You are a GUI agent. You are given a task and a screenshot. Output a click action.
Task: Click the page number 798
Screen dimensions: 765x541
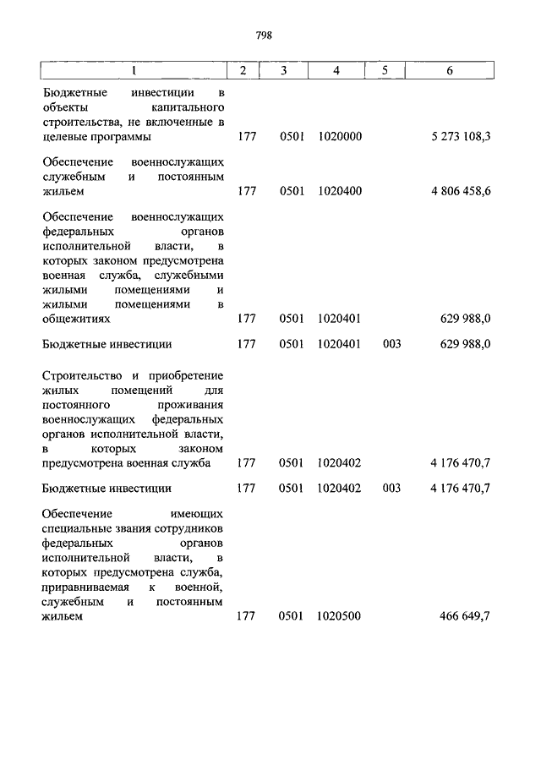[264, 36]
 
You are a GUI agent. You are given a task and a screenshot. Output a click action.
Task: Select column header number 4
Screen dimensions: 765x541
[336, 71]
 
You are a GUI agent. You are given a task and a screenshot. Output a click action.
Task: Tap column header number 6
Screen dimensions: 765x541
[450, 71]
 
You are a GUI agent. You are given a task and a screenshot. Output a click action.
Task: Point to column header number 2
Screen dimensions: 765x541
[243, 71]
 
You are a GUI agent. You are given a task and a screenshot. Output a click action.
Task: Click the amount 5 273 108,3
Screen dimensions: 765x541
[461, 136]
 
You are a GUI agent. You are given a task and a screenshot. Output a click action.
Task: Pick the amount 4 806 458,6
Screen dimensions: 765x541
[461, 191]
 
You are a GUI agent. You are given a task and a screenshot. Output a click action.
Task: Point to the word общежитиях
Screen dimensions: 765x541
[76, 319]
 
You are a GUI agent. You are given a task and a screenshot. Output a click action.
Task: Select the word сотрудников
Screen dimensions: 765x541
[190, 529]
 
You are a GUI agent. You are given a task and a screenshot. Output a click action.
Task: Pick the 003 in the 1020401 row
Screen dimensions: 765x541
[391, 344]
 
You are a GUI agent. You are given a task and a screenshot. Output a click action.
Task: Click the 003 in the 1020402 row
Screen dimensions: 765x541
[391, 488]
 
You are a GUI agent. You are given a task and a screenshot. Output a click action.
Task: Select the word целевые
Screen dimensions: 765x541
[62, 136]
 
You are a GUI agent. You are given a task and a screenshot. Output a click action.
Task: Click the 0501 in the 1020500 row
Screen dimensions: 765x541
[291, 616]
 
